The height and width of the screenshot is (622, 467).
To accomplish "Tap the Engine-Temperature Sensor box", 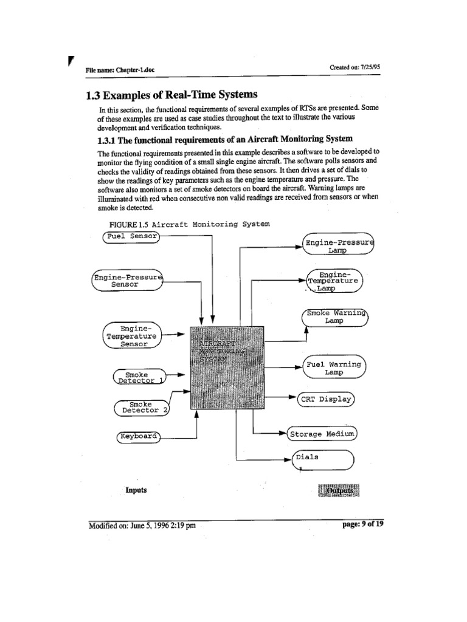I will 131,336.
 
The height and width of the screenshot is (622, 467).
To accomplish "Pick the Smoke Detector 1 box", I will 140,377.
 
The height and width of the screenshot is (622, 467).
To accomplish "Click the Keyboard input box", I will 138,436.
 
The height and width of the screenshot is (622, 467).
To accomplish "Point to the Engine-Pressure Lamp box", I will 339,245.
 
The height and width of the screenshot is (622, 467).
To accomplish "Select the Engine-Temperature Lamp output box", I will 335,281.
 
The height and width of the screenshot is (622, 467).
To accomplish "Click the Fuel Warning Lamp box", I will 334,368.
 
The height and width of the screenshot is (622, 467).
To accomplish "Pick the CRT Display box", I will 325,399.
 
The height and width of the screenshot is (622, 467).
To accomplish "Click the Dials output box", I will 322,460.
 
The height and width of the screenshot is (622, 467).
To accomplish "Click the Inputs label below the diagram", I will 136,490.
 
